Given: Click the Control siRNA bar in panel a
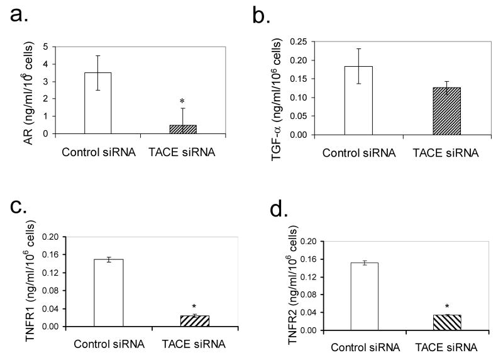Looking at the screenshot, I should pos(97,103).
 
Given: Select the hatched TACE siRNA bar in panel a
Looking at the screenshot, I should pos(182,129).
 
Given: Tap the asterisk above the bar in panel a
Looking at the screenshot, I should pos(182,101).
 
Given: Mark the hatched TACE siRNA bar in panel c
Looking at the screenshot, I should pos(194,321).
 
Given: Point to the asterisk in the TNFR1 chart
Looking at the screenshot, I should pos(194,307).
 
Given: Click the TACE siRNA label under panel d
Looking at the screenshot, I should pos(447,347).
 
